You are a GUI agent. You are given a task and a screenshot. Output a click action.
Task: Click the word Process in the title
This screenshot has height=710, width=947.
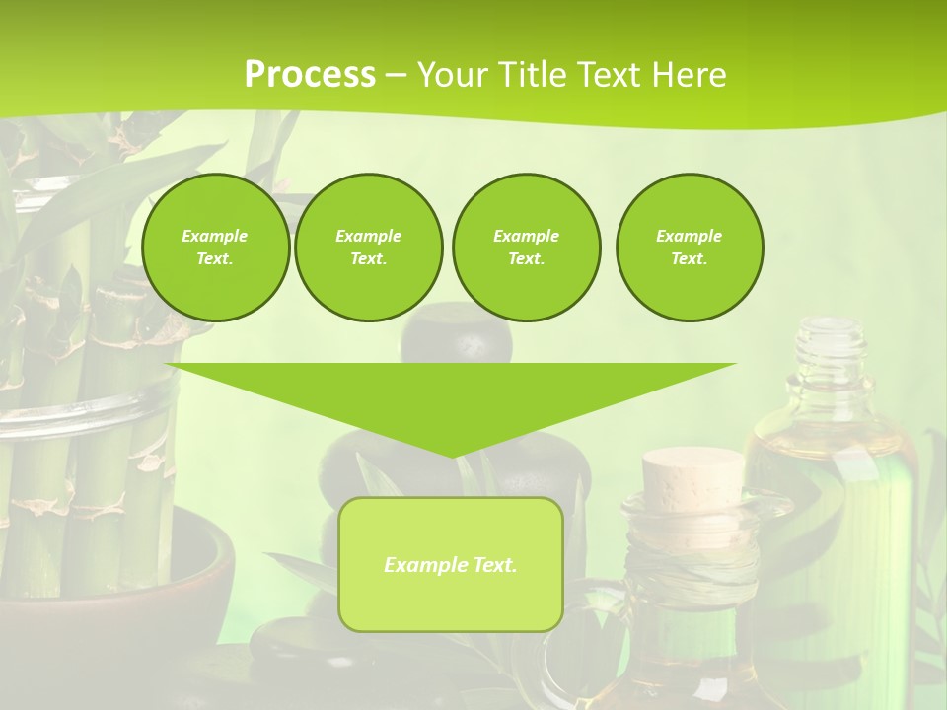310,75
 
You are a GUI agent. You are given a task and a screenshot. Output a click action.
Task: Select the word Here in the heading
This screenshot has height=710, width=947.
689,75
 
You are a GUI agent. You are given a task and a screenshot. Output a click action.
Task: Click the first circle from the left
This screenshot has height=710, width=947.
215,248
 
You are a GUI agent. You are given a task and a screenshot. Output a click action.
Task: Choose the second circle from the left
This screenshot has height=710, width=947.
368,248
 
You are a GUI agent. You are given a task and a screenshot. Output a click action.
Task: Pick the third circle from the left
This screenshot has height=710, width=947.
526,248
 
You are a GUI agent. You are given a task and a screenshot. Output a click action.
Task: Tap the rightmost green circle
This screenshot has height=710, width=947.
689,248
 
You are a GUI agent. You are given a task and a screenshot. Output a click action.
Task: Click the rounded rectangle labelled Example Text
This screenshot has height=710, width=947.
451,564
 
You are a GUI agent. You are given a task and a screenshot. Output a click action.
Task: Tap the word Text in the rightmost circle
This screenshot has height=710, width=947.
689,259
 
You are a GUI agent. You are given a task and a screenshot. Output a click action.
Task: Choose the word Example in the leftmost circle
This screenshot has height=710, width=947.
215,236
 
